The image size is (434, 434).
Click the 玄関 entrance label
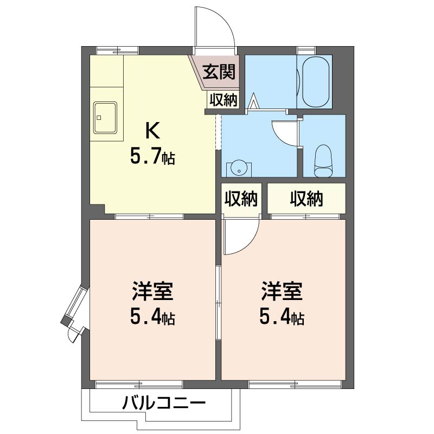point(219,72)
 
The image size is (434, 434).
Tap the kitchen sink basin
point(105,117)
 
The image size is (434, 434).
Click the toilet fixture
point(323,161)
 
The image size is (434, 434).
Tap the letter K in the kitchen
point(152,131)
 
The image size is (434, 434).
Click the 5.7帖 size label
point(152,157)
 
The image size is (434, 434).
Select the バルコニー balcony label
point(164,403)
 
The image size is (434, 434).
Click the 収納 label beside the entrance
point(223,100)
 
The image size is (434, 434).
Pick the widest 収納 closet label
point(307,198)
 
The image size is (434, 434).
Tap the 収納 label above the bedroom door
point(241,198)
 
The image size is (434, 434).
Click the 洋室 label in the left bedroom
point(152,291)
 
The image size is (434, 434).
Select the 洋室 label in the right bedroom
point(282,291)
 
